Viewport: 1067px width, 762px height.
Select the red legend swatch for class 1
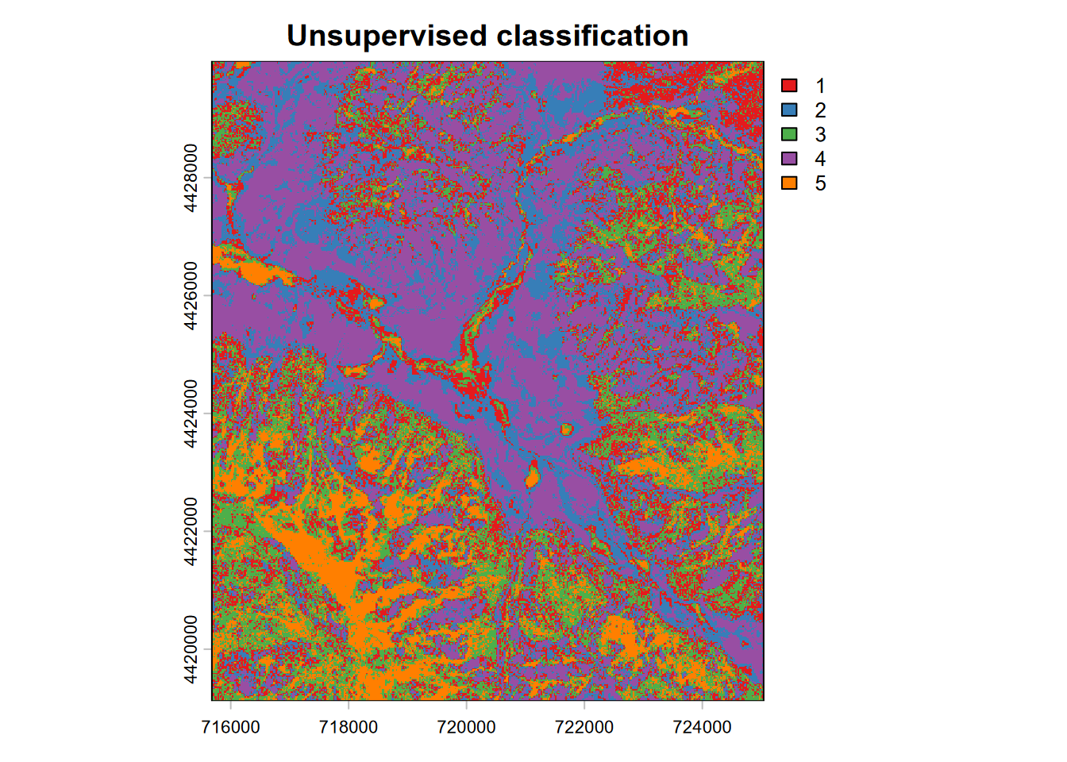(x=789, y=85)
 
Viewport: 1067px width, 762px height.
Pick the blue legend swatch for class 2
(x=789, y=110)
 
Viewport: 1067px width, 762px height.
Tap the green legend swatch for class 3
(x=789, y=134)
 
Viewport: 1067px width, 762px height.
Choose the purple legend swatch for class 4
(x=789, y=159)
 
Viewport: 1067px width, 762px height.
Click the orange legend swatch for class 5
(x=789, y=183)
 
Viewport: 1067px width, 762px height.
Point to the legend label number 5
(x=820, y=183)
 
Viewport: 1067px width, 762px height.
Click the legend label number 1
(x=820, y=85)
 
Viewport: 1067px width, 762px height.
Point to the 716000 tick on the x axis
(x=230, y=727)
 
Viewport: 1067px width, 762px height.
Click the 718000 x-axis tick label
(x=348, y=727)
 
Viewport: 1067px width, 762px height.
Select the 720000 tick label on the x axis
(x=466, y=727)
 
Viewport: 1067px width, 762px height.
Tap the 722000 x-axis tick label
(x=584, y=727)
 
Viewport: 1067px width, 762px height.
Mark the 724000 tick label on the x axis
(x=702, y=727)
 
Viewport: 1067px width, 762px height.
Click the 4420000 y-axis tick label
(x=191, y=649)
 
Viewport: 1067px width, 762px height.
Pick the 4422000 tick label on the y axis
(x=191, y=531)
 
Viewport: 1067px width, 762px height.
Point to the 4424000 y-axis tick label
(x=191, y=414)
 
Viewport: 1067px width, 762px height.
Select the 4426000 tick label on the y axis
(x=191, y=295)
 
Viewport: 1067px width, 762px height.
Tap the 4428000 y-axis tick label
(x=191, y=178)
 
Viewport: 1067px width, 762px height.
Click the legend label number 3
(x=820, y=134)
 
